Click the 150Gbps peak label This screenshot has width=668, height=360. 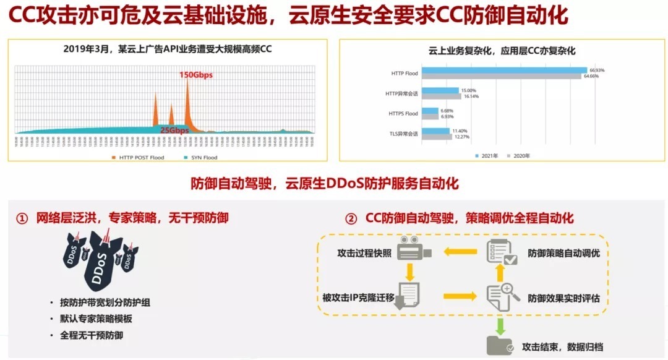pyautogui.click(x=196, y=75)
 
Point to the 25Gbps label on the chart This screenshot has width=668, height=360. pyautogui.click(x=174, y=131)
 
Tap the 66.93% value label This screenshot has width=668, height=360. pyautogui.click(x=597, y=71)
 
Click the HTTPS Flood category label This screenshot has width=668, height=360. pyautogui.click(x=403, y=113)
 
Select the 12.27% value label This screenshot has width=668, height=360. pyautogui.click(x=462, y=137)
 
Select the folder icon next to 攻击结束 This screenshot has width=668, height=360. pyautogui.click(x=499, y=345)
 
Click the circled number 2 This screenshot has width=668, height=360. pyautogui.click(x=351, y=218)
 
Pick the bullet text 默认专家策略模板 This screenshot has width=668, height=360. pyautogui.click(x=96, y=319)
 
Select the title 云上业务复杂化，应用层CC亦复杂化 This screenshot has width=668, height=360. pyautogui.click(x=502, y=51)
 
